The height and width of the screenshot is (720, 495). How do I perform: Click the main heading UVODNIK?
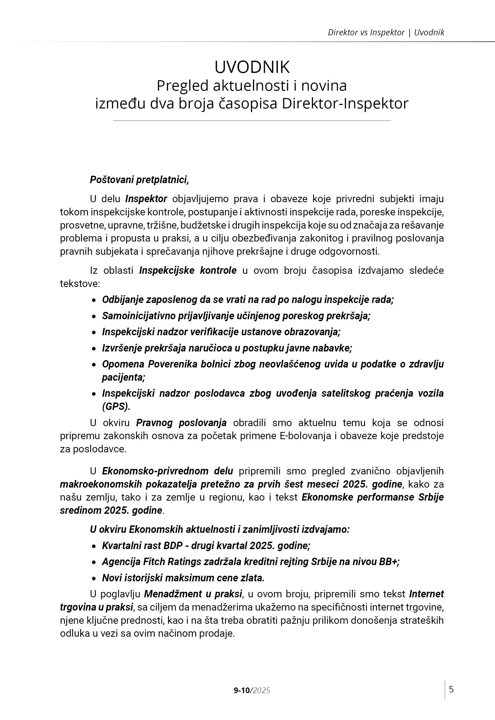(x=252, y=67)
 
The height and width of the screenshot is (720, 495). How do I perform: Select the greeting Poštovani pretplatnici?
(x=139, y=180)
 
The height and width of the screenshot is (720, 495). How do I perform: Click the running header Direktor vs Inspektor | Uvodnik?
(x=386, y=33)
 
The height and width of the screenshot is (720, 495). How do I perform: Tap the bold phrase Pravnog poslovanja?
(x=181, y=423)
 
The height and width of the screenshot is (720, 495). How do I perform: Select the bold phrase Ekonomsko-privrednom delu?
(x=167, y=471)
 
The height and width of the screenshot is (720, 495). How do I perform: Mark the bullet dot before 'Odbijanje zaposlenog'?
(x=94, y=300)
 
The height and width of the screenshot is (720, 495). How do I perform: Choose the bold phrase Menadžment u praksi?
(x=193, y=594)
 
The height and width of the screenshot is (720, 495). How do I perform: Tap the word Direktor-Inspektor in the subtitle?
(x=345, y=104)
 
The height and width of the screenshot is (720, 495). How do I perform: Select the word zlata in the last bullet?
(x=252, y=578)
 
